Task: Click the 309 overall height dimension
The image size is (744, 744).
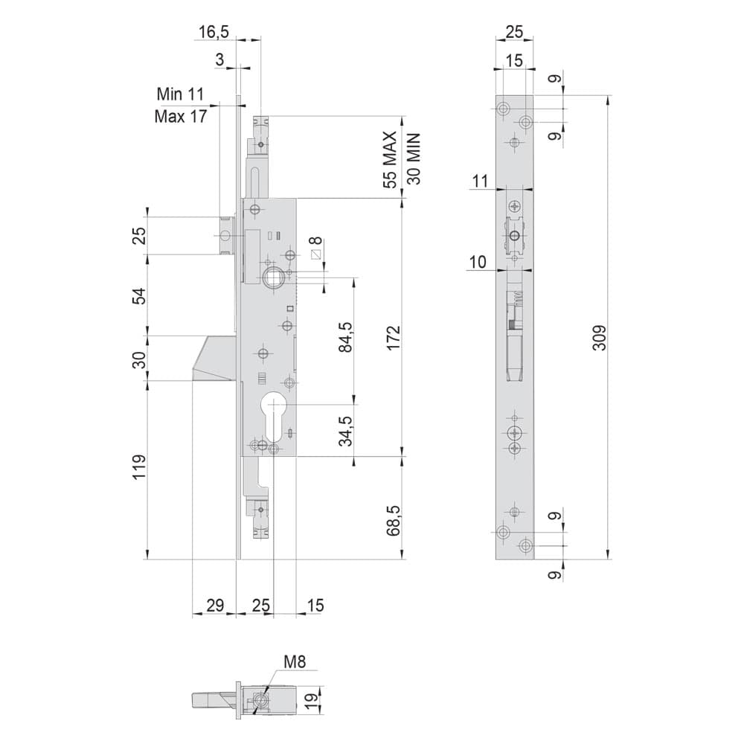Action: click(600, 338)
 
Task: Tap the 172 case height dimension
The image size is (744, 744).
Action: click(394, 338)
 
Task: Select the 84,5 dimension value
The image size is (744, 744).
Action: click(346, 337)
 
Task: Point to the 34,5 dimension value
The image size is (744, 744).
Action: click(346, 431)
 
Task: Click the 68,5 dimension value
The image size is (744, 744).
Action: click(394, 521)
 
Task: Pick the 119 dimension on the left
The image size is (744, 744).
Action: click(139, 467)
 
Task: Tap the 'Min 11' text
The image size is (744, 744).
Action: click(180, 94)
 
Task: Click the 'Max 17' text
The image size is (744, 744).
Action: click(181, 116)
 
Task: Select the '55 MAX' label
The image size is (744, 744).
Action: click(390, 160)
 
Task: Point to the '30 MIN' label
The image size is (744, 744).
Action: click(414, 158)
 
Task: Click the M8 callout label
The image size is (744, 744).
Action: click(295, 661)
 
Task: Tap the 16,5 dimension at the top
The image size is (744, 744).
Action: click(214, 32)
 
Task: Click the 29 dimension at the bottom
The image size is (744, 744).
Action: click(215, 606)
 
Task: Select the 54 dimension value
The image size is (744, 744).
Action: click(139, 295)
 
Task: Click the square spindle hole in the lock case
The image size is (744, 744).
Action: click(271, 277)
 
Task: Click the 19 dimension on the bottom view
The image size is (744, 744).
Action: click(311, 699)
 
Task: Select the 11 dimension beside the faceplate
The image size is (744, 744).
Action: click(480, 181)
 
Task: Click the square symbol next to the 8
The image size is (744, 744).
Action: click(316, 254)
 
